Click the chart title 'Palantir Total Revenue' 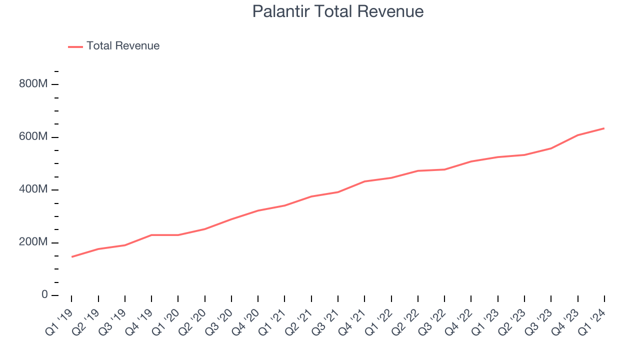point(338,11)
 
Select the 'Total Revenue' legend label point(123,46)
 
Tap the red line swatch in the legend point(75,47)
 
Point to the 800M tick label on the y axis point(33,84)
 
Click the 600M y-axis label point(33,137)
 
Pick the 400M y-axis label point(33,190)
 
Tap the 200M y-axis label point(33,242)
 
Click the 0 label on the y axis point(44,295)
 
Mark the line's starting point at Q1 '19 point(71,257)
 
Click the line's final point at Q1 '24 point(604,128)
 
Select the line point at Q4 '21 point(364,181)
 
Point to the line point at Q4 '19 point(151,235)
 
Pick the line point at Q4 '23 point(578,135)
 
